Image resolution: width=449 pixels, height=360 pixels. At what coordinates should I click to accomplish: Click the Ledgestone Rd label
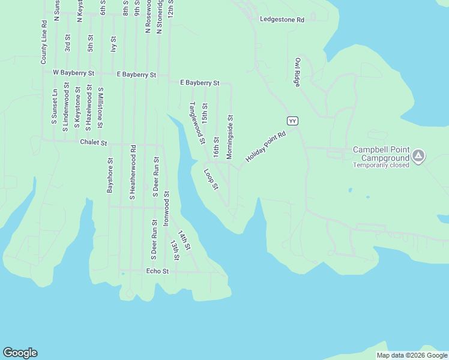(x=282, y=20)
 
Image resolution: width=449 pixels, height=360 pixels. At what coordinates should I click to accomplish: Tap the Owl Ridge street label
(x=297, y=73)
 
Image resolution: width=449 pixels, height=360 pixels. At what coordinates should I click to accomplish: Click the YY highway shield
(x=292, y=121)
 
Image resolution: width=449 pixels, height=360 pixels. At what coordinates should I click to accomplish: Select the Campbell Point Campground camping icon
(x=418, y=157)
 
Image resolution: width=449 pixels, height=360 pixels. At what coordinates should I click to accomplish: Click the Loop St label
(x=210, y=179)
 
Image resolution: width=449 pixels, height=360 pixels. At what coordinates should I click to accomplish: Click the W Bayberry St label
(x=73, y=73)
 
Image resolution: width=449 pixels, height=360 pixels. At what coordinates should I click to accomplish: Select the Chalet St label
(x=93, y=143)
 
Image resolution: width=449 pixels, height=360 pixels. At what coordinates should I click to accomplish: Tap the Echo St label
(x=157, y=271)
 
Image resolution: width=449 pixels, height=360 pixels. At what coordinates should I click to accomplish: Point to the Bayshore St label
(x=110, y=175)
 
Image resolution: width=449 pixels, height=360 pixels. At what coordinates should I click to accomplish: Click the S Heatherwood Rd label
(x=133, y=172)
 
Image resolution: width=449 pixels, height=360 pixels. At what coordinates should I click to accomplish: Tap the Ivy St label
(x=113, y=44)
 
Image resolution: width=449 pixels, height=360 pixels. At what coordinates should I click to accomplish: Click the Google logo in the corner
(x=20, y=353)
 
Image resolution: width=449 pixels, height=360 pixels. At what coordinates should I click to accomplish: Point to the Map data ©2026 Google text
(x=412, y=355)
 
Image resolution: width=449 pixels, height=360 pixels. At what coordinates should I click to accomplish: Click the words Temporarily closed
(x=381, y=165)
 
